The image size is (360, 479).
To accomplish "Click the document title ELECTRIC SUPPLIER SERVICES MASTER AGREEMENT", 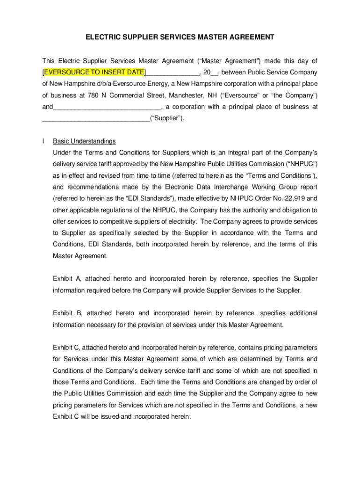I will coord(180,37).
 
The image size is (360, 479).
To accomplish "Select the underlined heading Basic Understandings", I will coord(84,141).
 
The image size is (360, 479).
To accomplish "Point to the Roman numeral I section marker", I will coord(43,141).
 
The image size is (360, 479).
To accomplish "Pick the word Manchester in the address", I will coord(186,95).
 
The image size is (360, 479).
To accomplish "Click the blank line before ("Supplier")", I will coord(96,118).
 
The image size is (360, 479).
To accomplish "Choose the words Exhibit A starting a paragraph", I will coord(68,279).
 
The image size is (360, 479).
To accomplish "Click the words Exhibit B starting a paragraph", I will coord(68,313).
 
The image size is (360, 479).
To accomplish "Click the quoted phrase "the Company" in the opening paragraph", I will coord(298,95).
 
